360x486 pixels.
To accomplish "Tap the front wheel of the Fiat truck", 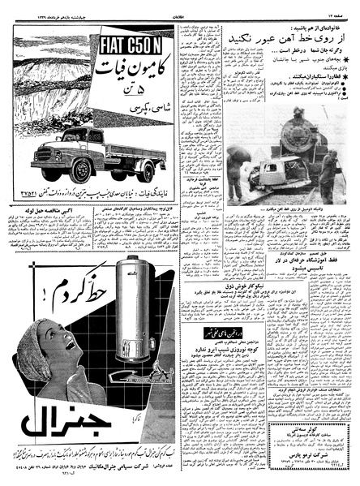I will pyautogui.click(x=81, y=171).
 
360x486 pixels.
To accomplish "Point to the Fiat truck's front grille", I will pyautogui.click(x=49, y=155).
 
